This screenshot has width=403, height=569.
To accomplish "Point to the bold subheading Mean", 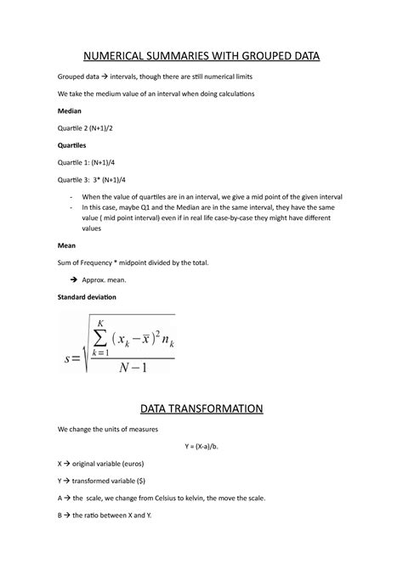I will [x=65, y=245].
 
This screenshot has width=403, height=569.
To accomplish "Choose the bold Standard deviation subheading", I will [x=86, y=297].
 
